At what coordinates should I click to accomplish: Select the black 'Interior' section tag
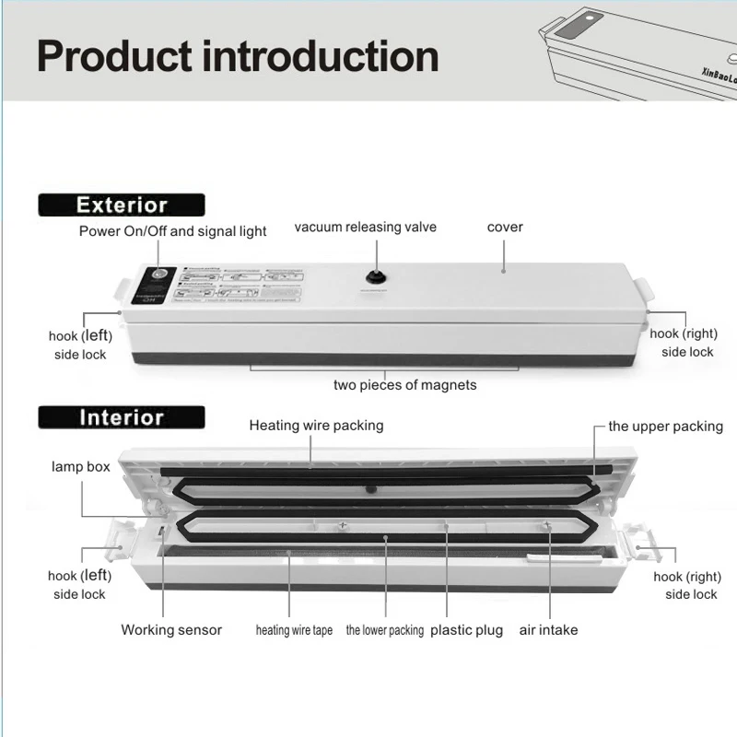pyautogui.click(x=122, y=417)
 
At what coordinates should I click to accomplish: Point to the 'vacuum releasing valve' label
pyautogui.click(x=366, y=228)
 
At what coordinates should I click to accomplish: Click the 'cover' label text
pyautogui.click(x=505, y=228)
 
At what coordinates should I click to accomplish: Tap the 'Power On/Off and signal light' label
pyautogui.click(x=173, y=230)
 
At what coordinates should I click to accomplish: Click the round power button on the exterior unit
pyautogui.click(x=158, y=275)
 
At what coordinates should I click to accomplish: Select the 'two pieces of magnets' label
pyautogui.click(x=405, y=384)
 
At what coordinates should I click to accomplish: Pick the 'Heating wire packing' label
pyautogui.click(x=316, y=426)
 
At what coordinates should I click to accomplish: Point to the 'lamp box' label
pyautogui.click(x=81, y=467)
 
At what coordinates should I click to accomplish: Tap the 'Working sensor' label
pyautogui.click(x=171, y=630)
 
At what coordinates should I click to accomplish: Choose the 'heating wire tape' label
pyautogui.click(x=294, y=631)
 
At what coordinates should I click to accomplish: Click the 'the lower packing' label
pyautogui.click(x=385, y=631)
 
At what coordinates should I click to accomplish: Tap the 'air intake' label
pyautogui.click(x=548, y=630)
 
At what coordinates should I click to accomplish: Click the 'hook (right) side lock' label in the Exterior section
pyautogui.click(x=684, y=343)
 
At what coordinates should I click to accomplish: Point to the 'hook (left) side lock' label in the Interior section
pyautogui.click(x=79, y=585)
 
